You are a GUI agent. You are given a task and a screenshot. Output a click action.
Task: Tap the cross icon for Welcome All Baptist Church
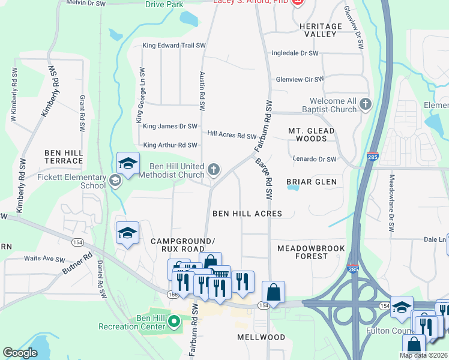pyautogui.click(x=366, y=106)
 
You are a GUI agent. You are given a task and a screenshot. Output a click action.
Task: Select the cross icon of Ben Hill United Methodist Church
pyautogui.click(x=213, y=170)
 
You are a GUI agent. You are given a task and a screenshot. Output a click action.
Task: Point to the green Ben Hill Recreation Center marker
pyautogui.click(x=174, y=322)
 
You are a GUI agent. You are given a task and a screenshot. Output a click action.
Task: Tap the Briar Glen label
pyautogui.click(x=311, y=181)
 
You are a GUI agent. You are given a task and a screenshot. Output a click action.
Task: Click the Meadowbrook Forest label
pyautogui.click(x=303, y=252)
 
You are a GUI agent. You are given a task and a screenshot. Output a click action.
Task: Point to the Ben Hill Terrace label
pyautogui.click(x=63, y=157)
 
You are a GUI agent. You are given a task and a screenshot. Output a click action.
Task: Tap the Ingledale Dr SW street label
pyautogui.click(x=295, y=53)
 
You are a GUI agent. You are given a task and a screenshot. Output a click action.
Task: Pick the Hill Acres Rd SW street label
pyautogui.click(x=232, y=136)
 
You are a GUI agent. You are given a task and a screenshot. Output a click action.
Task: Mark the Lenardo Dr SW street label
pyautogui.click(x=315, y=159)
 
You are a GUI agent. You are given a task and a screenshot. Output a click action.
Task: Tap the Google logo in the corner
pyautogui.click(x=20, y=353)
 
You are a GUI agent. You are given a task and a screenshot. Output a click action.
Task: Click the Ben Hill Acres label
pyautogui.click(x=247, y=213)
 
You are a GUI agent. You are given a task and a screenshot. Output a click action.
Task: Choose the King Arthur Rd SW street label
pyautogui.click(x=170, y=145)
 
